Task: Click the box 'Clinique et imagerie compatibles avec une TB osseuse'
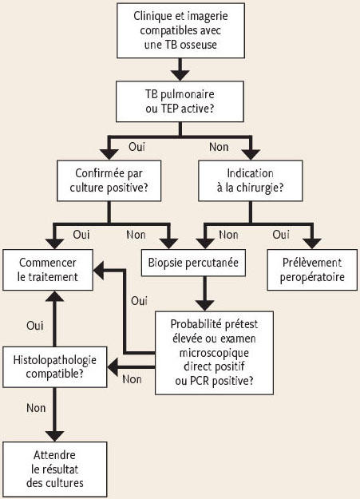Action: pos(180,30)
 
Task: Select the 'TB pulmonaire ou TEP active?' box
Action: pos(180,101)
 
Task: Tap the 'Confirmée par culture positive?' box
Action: pos(109,180)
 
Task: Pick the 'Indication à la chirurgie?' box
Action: pos(250,180)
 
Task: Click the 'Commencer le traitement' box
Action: pos(48,270)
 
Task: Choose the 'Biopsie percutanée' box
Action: pos(193,263)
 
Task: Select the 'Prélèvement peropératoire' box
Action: pos(312,270)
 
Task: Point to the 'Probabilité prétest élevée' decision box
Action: pos(214,353)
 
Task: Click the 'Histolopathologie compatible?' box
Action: pos(55,367)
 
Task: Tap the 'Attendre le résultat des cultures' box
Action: pos(55,469)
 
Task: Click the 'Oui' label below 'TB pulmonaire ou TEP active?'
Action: pos(136,147)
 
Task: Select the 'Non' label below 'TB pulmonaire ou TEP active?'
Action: pos(219,147)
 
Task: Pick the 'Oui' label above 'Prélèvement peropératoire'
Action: pos(281,235)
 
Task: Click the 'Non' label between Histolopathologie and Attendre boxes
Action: pos(36,408)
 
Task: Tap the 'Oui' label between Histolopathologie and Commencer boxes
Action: pos(35,326)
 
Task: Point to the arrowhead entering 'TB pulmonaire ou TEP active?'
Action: pos(180,75)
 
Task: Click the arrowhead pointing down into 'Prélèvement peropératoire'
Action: pos(312,244)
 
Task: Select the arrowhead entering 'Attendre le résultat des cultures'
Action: pos(55,436)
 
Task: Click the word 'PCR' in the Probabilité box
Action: pos(200,381)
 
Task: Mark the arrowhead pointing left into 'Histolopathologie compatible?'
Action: pos(113,367)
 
